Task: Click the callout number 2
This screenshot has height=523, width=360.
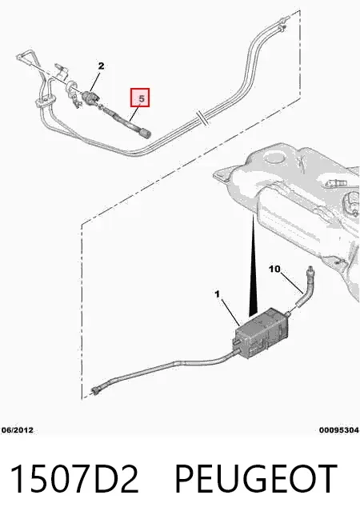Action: pos(101,66)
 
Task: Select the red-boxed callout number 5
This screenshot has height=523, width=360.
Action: pos(140,98)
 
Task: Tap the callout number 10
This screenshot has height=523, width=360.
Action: pos(274,269)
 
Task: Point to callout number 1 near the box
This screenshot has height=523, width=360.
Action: pos(218,294)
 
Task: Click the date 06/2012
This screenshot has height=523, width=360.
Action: pos(18,430)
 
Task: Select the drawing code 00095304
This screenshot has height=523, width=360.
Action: pos(339,430)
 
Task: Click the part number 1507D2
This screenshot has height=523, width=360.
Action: pos(74,478)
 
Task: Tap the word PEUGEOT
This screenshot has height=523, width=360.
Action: pos(255,478)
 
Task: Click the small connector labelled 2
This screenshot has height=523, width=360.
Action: pos(90,97)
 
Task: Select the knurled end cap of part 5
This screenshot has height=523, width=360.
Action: pos(146,133)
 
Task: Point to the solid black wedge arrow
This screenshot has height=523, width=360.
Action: pos(253,267)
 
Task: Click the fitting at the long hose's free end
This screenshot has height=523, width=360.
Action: pos(97,390)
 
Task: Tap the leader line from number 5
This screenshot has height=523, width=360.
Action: pos(134,114)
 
